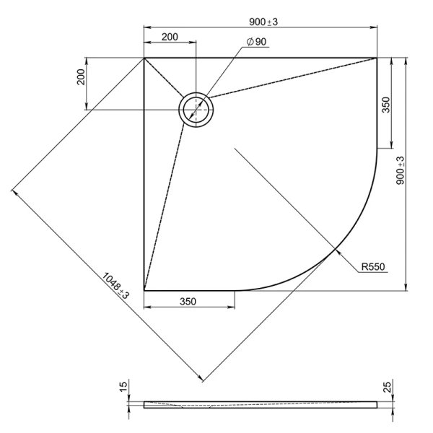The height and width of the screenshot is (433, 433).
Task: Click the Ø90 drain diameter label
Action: tap(256, 42)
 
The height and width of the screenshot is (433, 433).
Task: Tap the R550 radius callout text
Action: tap(373, 267)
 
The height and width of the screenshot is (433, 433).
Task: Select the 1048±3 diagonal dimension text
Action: tap(115, 286)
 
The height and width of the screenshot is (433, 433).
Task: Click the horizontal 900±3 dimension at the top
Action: tap(263, 22)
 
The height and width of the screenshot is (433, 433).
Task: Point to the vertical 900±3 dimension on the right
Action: tap(400, 170)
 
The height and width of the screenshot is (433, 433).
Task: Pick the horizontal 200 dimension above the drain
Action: tap(170, 37)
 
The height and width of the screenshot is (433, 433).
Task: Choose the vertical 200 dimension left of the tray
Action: tap(81, 77)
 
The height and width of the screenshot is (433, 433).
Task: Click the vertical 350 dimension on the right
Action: tap(386, 105)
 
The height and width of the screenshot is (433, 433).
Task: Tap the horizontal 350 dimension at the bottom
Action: tap(188, 302)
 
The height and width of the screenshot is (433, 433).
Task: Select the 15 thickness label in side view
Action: tap(123, 386)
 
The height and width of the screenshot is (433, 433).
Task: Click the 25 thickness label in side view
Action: tap(388, 387)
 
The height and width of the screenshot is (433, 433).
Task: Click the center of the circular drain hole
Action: tap(196, 110)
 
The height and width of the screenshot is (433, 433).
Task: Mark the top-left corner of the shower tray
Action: tap(144, 58)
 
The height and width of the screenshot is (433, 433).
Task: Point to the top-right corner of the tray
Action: tap(377, 58)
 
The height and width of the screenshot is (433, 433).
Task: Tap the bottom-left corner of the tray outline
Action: tap(144, 291)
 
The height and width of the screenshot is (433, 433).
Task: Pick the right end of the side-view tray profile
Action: tap(377, 405)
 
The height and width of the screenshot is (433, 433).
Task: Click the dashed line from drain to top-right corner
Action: tap(292, 78)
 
